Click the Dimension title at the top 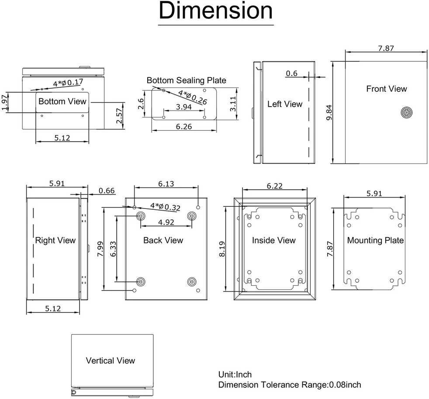[x=216, y=10]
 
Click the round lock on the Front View [x=406, y=112]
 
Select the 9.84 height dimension [x=329, y=112]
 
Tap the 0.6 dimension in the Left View [x=292, y=73]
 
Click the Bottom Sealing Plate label [x=186, y=80]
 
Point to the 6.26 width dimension [x=184, y=127]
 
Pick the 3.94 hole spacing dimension [x=183, y=107]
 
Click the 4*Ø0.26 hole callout [x=193, y=97]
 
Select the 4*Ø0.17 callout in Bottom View [x=68, y=83]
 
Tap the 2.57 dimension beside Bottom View [x=119, y=116]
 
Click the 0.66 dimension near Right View [x=107, y=191]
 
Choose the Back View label [x=163, y=240]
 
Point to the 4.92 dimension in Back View [x=166, y=222]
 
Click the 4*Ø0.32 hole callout [x=165, y=207]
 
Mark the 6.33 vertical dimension [x=113, y=249]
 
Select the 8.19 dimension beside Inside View [x=222, y=249]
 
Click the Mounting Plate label [x=375, y=240]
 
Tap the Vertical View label [x=110, y=361]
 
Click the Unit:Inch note [x=235, y=375]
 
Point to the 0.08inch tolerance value [x=345, y=385]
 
